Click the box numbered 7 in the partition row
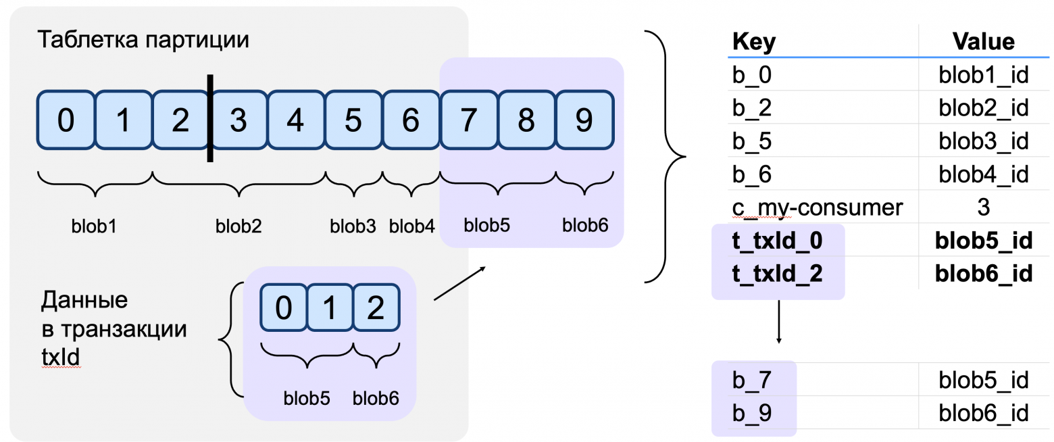click(468, 120)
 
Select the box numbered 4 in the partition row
click(295, 120)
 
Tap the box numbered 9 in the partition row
click(584, 120)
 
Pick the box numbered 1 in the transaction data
click(330, 309)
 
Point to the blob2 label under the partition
click(238, 226)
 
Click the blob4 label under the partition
click(411, 226)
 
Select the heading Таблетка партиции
click(143, 40)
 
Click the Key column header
click(754, 42)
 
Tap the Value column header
click(983, 42)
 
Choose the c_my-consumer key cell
click(818, 207)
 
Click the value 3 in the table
click(983, 207)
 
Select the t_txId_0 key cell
click(778, 241)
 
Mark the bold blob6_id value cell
click(983, 274)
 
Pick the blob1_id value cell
click(983, 75)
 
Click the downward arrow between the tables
click(778, 322)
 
